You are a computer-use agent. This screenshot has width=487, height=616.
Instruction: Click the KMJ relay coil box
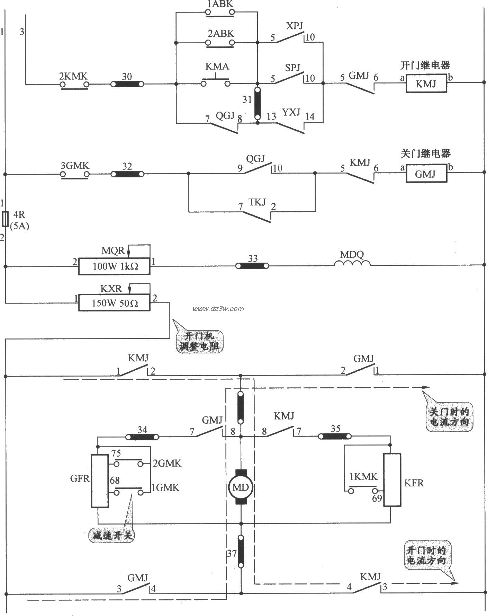426,83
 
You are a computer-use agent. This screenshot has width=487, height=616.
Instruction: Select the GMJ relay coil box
426,174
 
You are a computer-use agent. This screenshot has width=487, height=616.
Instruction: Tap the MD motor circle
240,487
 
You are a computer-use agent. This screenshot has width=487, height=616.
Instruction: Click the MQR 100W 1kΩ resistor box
114,266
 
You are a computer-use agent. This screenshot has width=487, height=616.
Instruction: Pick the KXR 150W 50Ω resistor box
114,303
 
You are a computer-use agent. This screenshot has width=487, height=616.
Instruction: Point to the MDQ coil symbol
352,263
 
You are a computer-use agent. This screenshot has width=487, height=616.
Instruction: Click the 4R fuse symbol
5,219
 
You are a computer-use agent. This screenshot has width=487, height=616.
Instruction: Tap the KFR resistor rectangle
392,479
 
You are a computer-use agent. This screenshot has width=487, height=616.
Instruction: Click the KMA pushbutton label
217,66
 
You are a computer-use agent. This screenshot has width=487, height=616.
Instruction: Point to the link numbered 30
127,84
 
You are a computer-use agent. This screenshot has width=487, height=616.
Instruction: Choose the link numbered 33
252,266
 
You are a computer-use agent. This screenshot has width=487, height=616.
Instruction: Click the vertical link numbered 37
241,551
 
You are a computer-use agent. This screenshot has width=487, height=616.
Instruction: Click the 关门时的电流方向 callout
449,417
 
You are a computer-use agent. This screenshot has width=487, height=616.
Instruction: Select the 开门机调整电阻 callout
199,341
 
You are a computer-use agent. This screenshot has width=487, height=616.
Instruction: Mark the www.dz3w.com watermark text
218,309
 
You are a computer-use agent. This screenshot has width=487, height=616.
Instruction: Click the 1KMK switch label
363,477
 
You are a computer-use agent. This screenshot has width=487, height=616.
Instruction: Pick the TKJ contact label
257,202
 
